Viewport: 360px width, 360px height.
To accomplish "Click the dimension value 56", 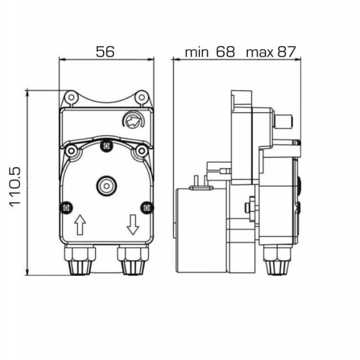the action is [x=105, y=51].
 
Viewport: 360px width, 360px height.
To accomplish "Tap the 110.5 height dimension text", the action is [x=15, y=187].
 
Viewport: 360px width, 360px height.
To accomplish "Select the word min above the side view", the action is [x=197, y=52].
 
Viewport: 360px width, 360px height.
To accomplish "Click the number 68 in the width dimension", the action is [x=226, y=51].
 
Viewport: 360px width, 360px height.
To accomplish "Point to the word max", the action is [x=260, y=53].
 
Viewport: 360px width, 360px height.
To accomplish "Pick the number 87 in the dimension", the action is [x=286, y=51].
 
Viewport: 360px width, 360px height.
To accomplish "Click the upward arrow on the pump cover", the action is [x=80, y=225].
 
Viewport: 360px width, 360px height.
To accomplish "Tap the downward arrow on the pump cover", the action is [x=133, y=225].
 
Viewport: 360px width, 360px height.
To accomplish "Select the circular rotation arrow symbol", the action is [x=133, y=119].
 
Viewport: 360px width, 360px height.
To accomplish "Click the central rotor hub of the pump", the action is [x=106, y=186].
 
